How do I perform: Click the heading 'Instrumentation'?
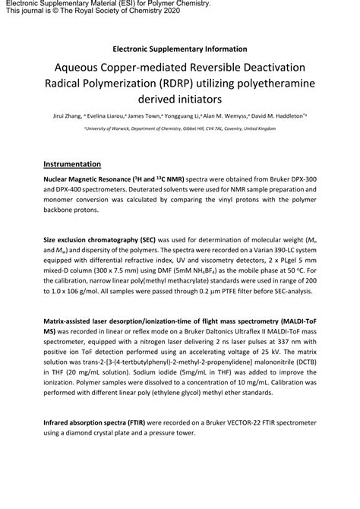tap(74, 163)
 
